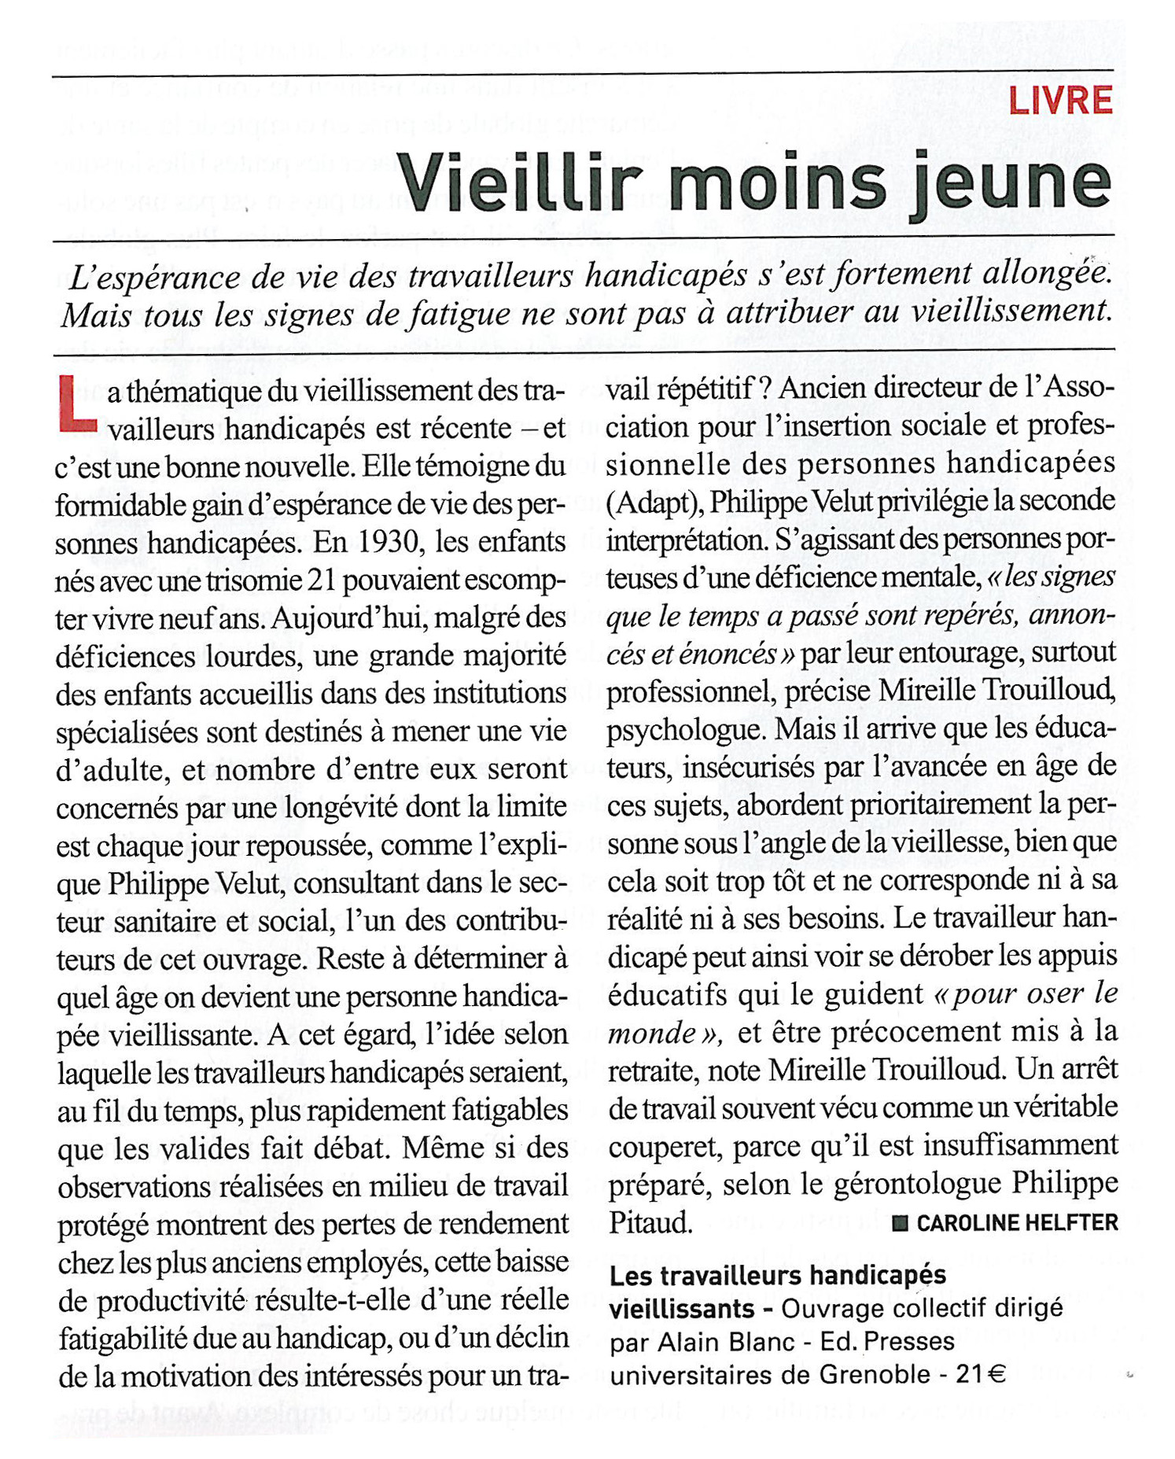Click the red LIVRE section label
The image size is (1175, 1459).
point(1060,101)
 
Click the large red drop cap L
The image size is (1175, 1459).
point(77,404)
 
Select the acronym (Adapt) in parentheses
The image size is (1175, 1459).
point(654,502)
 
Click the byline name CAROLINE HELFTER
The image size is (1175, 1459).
point(1017,1223)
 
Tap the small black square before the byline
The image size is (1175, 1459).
point(901,1224)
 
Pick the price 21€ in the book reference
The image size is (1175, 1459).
point(981,1374)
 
